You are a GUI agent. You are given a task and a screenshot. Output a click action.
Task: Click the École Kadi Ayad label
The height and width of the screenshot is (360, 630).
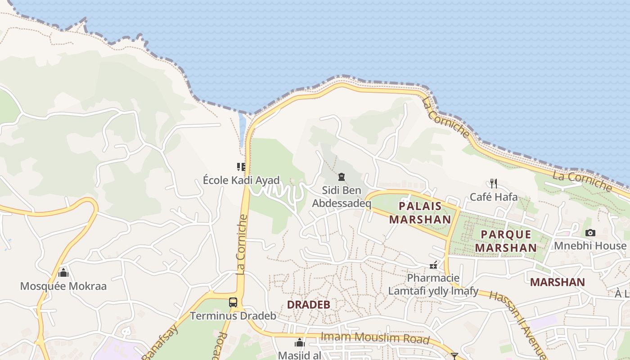point(241,180)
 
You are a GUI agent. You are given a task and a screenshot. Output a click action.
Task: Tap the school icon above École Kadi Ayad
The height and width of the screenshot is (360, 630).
point(241,167)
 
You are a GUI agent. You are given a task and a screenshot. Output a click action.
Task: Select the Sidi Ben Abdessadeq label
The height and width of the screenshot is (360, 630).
point(342,197)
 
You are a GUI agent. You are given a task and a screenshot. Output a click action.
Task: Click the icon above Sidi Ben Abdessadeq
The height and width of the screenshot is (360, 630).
point(342,177)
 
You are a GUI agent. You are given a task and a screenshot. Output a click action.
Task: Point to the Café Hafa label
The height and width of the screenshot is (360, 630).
point(494,197)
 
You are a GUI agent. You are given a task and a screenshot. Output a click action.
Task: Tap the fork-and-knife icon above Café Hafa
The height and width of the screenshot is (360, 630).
point(494,183)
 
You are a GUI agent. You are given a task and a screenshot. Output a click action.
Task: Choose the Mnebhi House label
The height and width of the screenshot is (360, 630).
point(590,246)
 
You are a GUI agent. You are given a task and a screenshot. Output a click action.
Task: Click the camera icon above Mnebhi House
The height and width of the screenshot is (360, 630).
point(590,233)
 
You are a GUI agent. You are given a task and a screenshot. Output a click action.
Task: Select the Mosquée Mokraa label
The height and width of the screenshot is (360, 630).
point(63,286)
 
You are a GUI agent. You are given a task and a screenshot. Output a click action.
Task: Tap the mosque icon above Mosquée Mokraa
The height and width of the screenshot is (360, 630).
point(63,273)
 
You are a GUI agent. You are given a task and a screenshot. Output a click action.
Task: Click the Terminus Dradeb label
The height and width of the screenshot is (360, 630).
point(233,315)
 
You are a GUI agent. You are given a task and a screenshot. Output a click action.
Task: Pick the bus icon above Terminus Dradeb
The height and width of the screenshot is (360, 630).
point(233,302)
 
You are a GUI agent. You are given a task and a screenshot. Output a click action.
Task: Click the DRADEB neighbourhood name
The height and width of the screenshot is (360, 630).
point(309,305)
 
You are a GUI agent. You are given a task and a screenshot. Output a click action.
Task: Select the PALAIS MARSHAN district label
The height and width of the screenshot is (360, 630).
point(420,213)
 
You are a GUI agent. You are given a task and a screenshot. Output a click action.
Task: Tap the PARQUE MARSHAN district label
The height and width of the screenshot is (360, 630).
point(506,241)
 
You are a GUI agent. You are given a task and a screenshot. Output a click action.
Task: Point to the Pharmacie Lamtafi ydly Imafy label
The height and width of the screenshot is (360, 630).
point(433,284)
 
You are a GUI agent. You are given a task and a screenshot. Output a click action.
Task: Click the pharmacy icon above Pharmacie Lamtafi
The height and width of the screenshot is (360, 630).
point(433,265)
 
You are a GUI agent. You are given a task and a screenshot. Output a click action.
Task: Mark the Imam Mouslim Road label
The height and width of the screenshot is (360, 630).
point(374,337)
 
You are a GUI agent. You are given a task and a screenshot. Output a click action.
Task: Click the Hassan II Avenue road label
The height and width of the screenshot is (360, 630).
point(517,325)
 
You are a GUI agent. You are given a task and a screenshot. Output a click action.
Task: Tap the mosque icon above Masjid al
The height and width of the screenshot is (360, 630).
point(299,343)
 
